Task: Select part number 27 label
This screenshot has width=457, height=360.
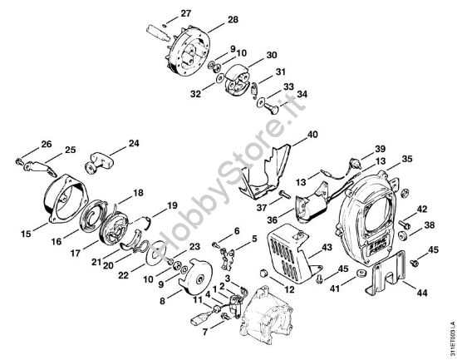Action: pos(185,12)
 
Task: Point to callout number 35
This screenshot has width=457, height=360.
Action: pos(408,157)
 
